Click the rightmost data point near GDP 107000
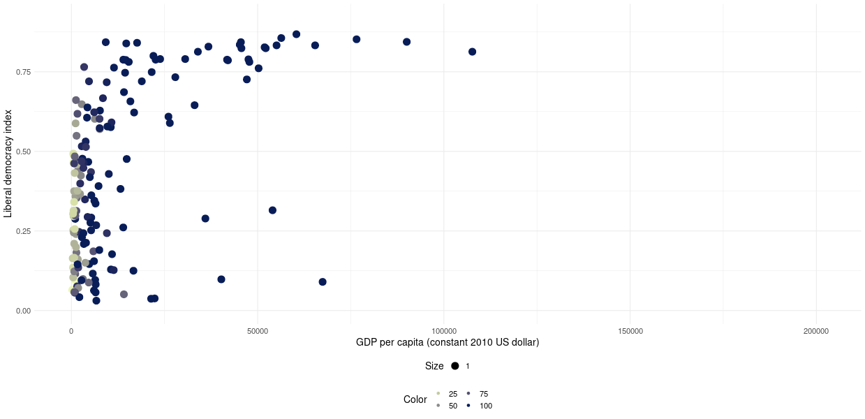pyautogui.click(x=472, y=52)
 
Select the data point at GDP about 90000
pyautogui.click(x=406, y=42)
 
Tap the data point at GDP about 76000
pyautogui.click(x=356, y=39)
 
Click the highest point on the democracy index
pyautogui.click(x=296, y=34)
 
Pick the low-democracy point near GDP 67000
pyautogui.click(x=323, y=282)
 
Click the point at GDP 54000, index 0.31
pyautogui.click(x=272, y=210)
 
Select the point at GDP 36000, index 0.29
pyautogui.click(x=205, y=219)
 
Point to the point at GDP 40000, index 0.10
pyautogui.click(x=221, y=279)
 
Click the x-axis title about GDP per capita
pyautogui.click(x=447, y=343)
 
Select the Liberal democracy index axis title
pyautogui.click(x=8, y=162)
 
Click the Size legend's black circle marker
pyautogui.click(x=454, y=366)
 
